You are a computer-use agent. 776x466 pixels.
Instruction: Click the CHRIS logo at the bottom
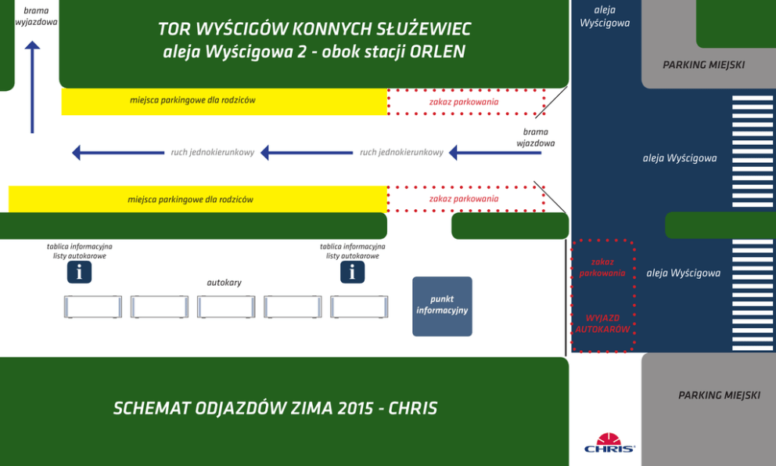[609, 443]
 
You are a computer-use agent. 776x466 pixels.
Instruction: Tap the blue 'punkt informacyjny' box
[442, 305]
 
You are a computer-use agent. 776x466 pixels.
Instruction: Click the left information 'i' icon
[79, 272]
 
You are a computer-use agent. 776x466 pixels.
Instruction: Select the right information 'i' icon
[352, 272]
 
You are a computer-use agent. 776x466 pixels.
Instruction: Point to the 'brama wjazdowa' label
[536, 137]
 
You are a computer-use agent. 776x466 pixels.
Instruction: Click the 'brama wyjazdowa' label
[36, 16]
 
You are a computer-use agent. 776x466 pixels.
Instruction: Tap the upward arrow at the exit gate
[32, 86]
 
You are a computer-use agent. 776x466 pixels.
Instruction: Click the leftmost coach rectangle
[92, 306]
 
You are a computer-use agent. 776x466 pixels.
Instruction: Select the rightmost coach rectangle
[359, 306]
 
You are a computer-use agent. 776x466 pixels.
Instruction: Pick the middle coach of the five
[226, 306]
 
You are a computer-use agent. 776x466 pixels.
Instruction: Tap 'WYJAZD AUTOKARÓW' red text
[602, 323]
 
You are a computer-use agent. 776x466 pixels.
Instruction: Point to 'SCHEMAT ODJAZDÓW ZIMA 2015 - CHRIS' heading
[275, 408]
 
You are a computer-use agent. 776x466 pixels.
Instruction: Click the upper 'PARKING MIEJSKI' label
[703, 65]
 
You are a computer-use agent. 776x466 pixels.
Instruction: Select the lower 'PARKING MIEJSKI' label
[718, 396]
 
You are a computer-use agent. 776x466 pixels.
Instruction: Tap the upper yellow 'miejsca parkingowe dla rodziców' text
[192, 100]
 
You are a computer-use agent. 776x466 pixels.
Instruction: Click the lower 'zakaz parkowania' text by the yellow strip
[463, 199]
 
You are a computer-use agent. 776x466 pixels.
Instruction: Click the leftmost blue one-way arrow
[117, 153]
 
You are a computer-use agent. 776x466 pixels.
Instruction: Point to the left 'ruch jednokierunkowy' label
[213, 153]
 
